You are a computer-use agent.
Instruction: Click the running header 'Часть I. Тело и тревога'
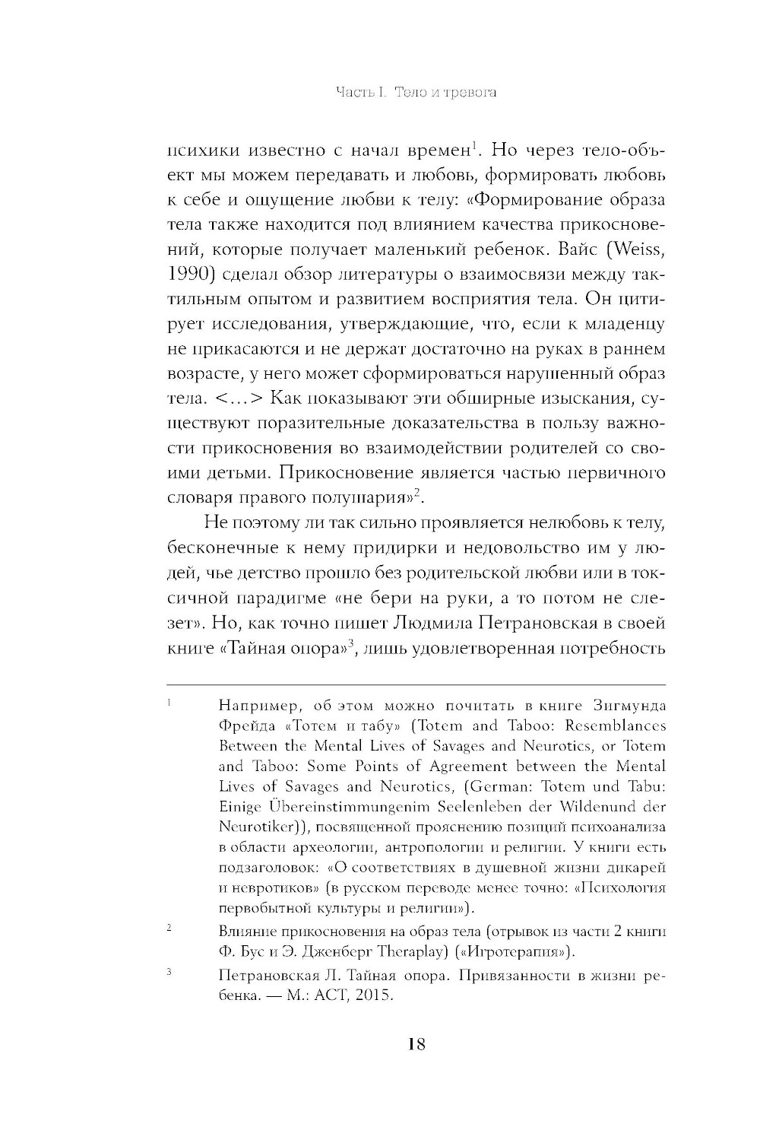416,93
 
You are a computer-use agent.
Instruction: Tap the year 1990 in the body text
188,275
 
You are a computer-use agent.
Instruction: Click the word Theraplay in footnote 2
395,951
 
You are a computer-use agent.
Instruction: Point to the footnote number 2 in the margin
169,929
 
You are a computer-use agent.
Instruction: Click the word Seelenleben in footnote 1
501,807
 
